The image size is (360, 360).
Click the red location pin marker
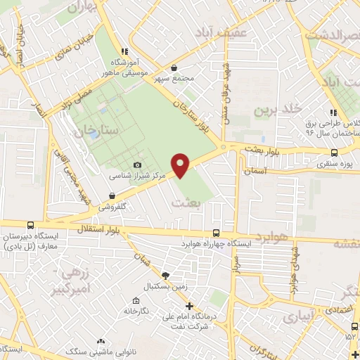point(181,165)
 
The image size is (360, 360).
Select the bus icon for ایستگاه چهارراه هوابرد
point(215,233)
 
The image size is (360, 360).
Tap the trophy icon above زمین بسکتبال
point(165,276)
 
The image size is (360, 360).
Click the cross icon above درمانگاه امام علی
point(188,306)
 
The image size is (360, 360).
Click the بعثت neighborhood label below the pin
point(186,202)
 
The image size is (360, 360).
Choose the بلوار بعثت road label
point(265,148)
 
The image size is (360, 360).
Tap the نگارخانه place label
point(136,310)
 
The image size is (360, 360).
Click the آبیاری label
point(304,316)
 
